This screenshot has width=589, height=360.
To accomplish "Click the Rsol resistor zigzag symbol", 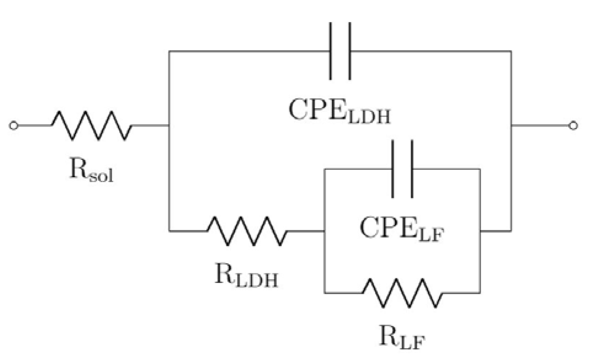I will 92,126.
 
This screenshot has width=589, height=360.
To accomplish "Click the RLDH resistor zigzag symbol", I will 247,231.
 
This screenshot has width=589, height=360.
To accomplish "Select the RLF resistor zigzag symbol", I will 403,293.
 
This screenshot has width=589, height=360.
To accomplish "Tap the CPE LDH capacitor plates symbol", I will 340,51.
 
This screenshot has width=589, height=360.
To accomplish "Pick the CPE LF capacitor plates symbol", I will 402,169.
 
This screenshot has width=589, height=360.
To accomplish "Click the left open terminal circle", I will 14,126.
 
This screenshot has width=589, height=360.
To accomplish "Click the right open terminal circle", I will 573,126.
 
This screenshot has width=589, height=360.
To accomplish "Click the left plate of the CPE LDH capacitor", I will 331,51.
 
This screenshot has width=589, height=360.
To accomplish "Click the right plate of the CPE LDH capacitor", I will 350,51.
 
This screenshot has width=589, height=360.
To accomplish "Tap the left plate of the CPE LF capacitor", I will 393,169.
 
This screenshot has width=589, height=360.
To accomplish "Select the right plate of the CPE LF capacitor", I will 412,169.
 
